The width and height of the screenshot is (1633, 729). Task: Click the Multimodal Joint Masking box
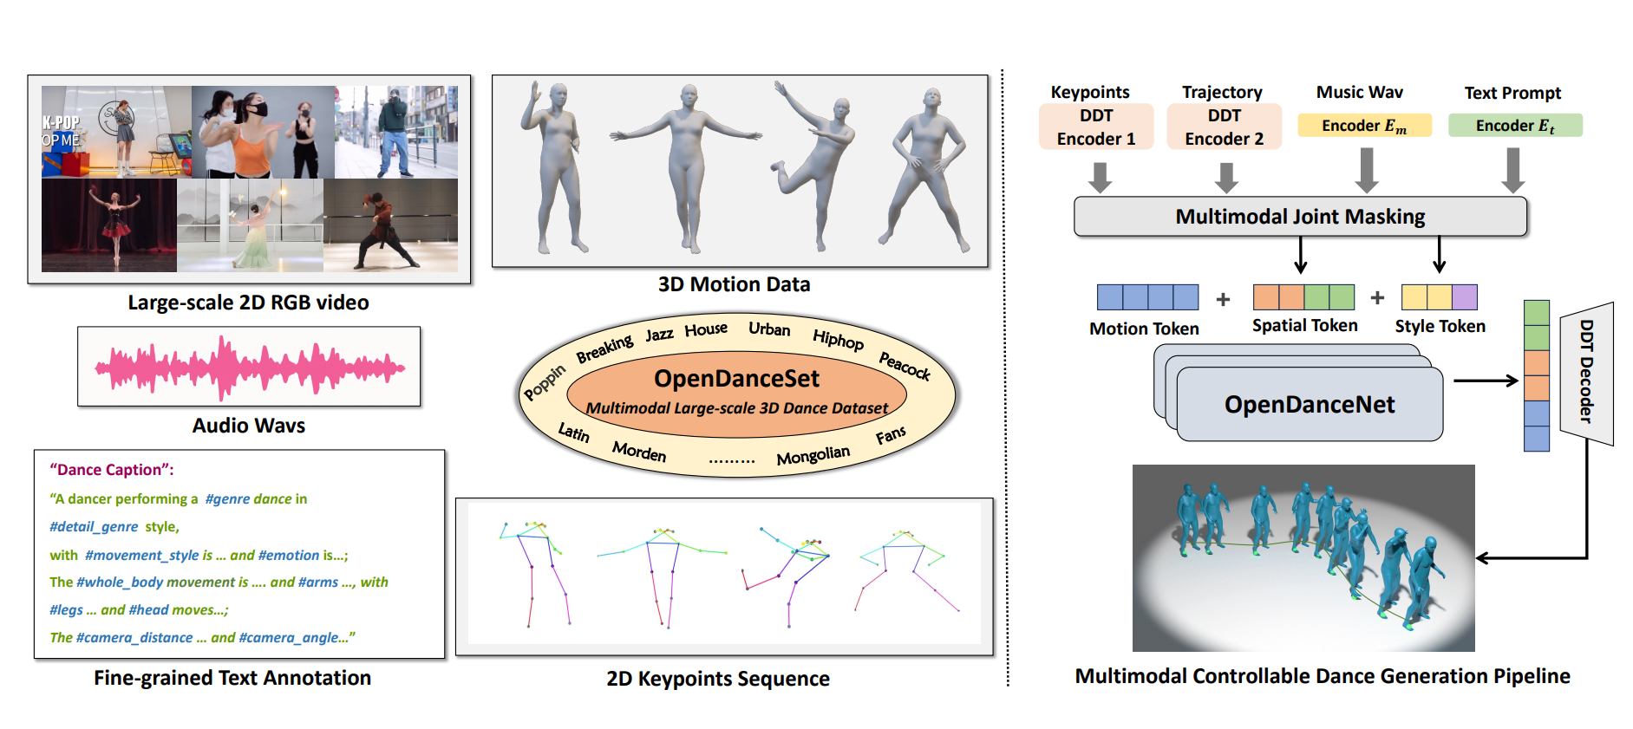[x=1299, y=217]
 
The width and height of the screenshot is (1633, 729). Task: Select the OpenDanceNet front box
[x=1309, y=404]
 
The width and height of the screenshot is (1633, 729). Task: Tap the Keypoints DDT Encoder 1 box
[x=1096, y=127]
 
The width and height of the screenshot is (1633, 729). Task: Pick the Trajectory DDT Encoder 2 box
[x=1224, y=127]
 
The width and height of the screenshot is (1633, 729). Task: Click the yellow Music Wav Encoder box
[x=1363, y=126]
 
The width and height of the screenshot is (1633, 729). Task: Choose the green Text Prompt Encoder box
[x=1514, y=126]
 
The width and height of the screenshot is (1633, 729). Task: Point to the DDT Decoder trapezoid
[x=1586, y=372]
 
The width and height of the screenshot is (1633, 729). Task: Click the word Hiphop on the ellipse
[x=838, y=339]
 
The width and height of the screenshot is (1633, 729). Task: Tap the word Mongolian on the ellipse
[x=813, y=455]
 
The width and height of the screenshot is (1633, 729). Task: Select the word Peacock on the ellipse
[x=905, y=366]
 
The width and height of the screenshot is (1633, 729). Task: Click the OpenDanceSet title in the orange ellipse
[x=736, y=379]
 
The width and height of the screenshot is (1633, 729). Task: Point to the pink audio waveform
[x=249, y=368]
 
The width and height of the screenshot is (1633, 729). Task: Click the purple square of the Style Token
[x=1464, y=297]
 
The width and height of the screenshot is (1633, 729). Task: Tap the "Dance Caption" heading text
[x=112, y=470]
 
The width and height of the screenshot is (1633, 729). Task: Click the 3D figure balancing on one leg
[x=815, y=165]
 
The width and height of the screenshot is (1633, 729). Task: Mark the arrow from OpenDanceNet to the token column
[x=1485, y=380]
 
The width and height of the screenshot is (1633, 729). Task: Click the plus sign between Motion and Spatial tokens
[x=1223, y=299]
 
